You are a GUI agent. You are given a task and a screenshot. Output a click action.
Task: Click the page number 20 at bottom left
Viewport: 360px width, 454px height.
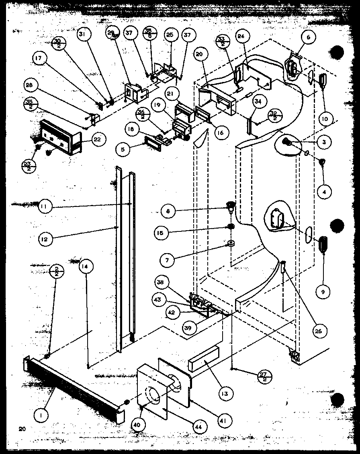21,429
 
